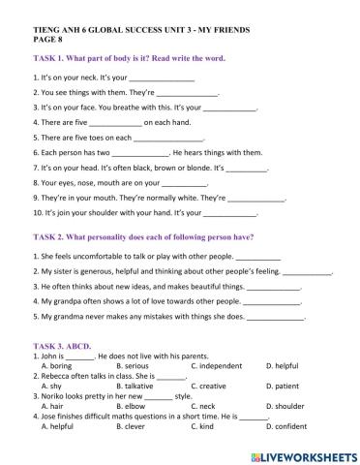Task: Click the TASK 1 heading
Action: click(129, 58)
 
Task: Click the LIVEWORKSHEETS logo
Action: click(303, 453)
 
